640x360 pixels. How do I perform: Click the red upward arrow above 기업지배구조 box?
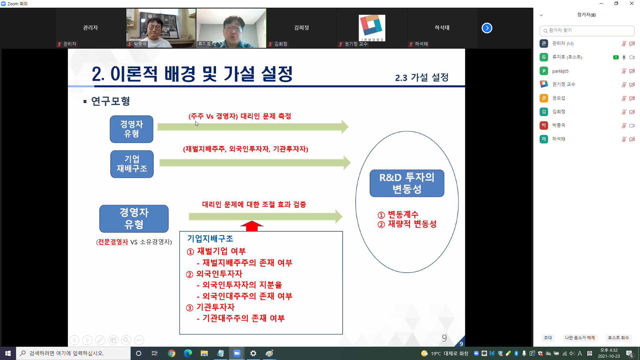pos(252,226)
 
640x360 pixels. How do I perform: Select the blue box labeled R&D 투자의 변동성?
pos(407,183)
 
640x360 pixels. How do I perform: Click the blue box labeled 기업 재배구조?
pos(132,164)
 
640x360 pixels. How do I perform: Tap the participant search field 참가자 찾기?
pos(587,31)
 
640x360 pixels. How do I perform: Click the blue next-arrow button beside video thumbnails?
pos(487,28)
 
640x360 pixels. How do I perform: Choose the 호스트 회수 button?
pos(618,338)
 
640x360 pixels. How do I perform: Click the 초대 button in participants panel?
pos(548,338)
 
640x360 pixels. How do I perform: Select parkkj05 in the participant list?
pos(560,71)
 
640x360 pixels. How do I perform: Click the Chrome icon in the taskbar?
pos(172,353)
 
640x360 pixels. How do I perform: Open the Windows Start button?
pos(8,353)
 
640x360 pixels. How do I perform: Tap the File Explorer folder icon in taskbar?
pos(204,353)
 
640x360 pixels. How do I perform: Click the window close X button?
pos(632,4)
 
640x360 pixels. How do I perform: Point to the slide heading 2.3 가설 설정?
pos(422,78)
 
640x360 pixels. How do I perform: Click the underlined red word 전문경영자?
pos(113,242)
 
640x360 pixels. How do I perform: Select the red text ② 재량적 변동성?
pos(407,224)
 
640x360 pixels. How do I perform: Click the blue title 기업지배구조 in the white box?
pos(210,239)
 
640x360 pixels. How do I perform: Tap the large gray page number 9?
pos(444,338)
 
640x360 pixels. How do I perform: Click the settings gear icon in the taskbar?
pos(253,353)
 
